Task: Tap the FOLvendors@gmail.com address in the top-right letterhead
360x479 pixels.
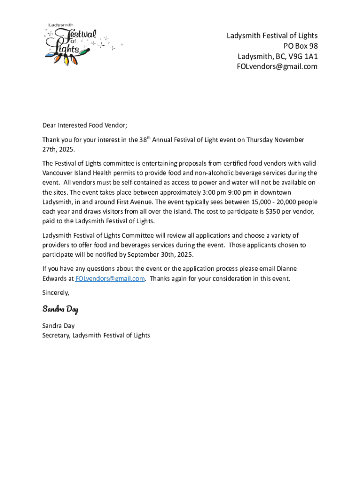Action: coord(277,66)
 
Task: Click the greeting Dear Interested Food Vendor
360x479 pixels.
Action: coord(84,125)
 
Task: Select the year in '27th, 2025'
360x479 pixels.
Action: coord(66,149)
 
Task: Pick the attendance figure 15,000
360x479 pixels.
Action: coord(252,202)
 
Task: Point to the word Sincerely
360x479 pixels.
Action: coord(56,292)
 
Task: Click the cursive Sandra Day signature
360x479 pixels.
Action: coord(60,309)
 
